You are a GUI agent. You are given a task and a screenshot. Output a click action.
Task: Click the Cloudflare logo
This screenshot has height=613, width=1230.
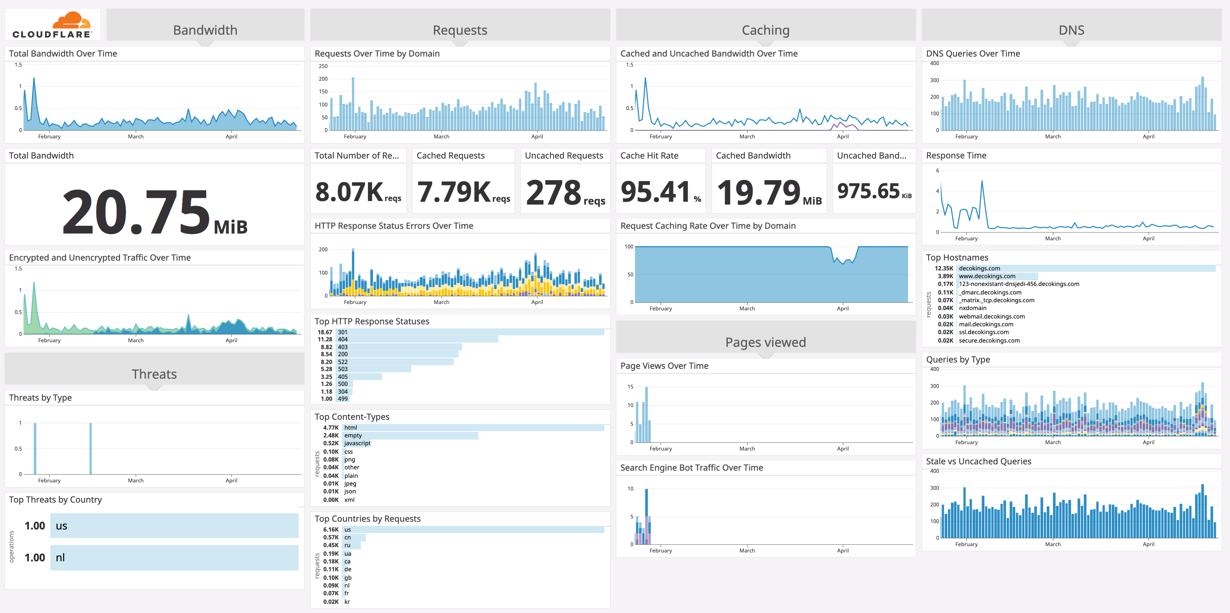point(52,25)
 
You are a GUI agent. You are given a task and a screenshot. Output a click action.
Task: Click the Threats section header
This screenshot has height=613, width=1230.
point(154,374)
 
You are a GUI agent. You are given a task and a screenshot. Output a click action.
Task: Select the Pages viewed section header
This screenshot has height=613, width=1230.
point(765,342)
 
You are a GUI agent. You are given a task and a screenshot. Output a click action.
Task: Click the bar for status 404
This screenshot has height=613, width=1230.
point(418,339)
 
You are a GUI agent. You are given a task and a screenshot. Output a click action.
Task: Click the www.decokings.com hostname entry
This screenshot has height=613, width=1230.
point(987,276)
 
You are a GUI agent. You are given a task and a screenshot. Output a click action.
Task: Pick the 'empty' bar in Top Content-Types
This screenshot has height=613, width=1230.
point(410,435)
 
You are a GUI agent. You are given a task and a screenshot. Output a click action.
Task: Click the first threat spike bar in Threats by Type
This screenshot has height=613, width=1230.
point(35,448)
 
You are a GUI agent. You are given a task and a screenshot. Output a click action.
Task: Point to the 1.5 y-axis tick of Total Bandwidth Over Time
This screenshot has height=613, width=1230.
point(18,65)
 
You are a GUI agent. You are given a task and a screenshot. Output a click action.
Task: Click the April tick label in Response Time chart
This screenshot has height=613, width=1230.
point(1148,238)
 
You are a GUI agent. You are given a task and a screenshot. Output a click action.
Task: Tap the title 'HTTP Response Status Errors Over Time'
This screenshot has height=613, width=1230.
point(393,226)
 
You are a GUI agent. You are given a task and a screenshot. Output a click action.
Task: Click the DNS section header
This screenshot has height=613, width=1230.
point(1071,30)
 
